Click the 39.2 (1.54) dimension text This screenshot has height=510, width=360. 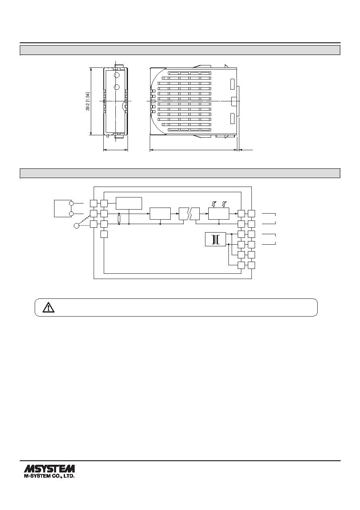pyautogui.click(x=88, y=101)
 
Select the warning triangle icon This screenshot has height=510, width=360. pyautogui.click(x=48, y=307)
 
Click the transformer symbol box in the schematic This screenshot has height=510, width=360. pyautogui.click(x=215, y=239)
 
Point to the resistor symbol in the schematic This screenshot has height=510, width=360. pyautogui.click(x=119, y=219)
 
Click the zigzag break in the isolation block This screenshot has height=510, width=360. pyautogui.click(x=189, y=214)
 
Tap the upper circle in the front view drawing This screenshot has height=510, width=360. pyautogui.click(x=117, y=75)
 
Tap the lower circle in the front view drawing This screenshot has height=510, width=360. pyautogui.click(x=117, y=87)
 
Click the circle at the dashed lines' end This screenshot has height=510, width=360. pyautogui.click(x=76, y=226)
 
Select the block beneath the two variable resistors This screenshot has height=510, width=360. pyautogui.click(x=219, y=214)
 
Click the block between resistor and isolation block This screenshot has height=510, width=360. pyautogui.click(x=160, y=214)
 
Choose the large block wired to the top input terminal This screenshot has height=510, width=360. pyautogui.click(x=129, y=203)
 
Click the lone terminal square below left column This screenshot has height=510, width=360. pyautogui.click(x=104, y=234)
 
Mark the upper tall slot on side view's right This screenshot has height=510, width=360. pyautogui.click(x=232, y=84)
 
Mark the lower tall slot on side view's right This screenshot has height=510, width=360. pyautogui.click(x=232, y=118)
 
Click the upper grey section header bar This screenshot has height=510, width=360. pyautogui.click(x=180, y=50)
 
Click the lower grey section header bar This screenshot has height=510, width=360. pyautogui.click(x=180, y=173)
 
